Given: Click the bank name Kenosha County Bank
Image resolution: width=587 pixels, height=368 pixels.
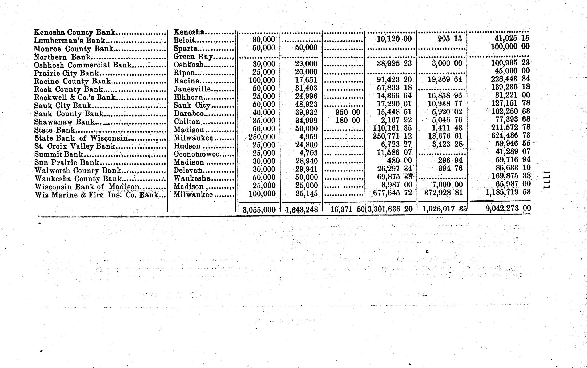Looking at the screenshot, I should [x=74, y=33].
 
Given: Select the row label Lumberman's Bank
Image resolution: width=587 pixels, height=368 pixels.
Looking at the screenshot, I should [x=69, y=41].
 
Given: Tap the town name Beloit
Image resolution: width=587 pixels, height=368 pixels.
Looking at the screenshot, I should [x=184, y=40].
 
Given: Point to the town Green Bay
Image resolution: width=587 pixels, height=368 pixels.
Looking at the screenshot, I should [x=193, y=57].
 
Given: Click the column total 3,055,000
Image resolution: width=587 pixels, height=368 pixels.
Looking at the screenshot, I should [x=259, y=210].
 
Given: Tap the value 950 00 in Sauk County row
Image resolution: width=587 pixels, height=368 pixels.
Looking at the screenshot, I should [x=348, y=112].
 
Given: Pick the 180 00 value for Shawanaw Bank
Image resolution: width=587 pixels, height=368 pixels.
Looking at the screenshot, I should [x=348, y=120].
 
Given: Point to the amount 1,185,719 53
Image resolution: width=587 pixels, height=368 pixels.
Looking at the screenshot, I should [x=508, y=192].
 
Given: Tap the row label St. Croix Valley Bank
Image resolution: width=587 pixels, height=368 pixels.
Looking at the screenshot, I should [x=75, y=146].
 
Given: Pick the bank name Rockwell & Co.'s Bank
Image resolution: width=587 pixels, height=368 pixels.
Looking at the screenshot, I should [x=75, y=97].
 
